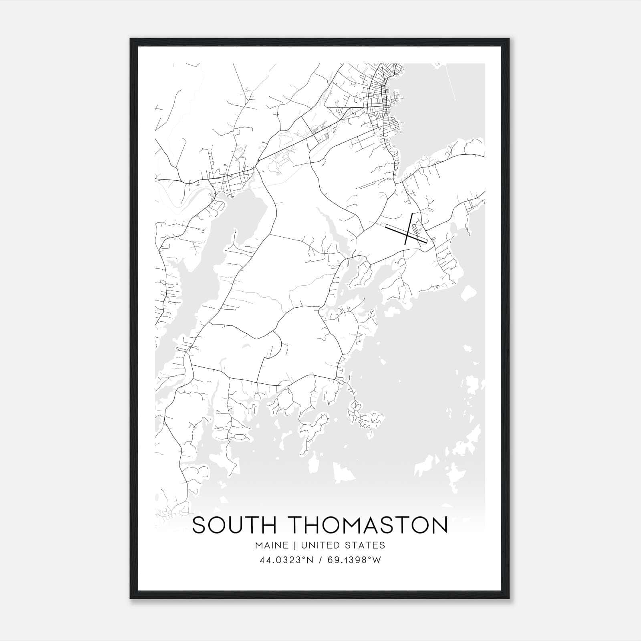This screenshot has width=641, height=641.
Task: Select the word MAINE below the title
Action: click(271, 545)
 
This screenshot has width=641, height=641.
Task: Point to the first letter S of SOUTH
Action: click(200, 525)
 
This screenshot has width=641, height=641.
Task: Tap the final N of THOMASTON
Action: click(439, 525)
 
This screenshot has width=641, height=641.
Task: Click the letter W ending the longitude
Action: click(377, 560)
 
